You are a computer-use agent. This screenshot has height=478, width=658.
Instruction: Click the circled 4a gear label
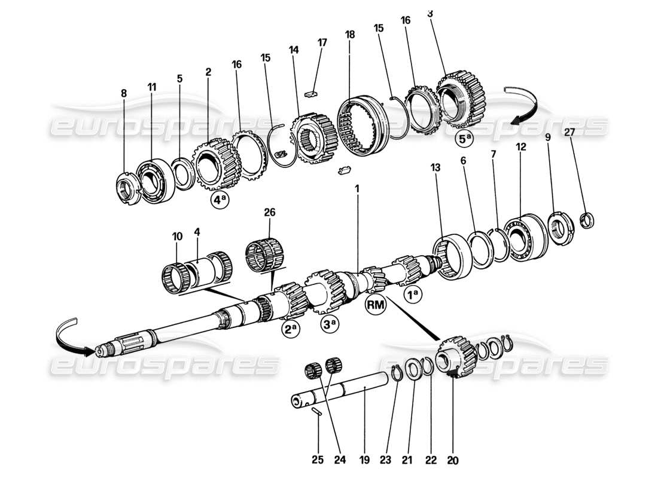220,201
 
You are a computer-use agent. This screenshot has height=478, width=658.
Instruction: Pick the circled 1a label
413,294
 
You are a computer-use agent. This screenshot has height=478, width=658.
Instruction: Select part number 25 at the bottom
318,461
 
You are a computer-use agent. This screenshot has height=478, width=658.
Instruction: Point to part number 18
350,35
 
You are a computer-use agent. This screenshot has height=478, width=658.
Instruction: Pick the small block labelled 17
310,93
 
